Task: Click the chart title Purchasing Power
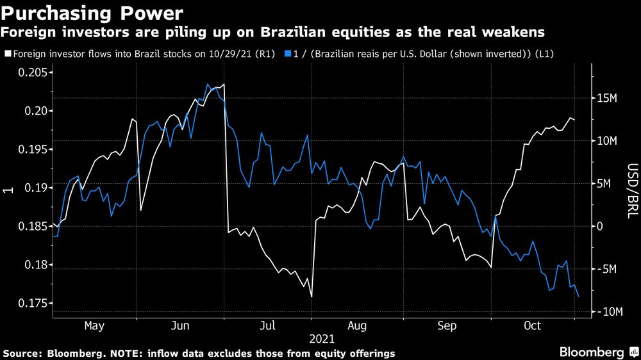tap(93, 12)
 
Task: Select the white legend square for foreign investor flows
tap(7, 55)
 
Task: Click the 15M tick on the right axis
tap(606, 98)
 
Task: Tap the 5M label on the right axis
tap(603, 184)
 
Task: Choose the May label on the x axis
tap(94, 326)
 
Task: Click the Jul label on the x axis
tap(267, 326)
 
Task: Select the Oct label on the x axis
tap(533, 326)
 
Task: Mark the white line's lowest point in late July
tap(311, 297)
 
